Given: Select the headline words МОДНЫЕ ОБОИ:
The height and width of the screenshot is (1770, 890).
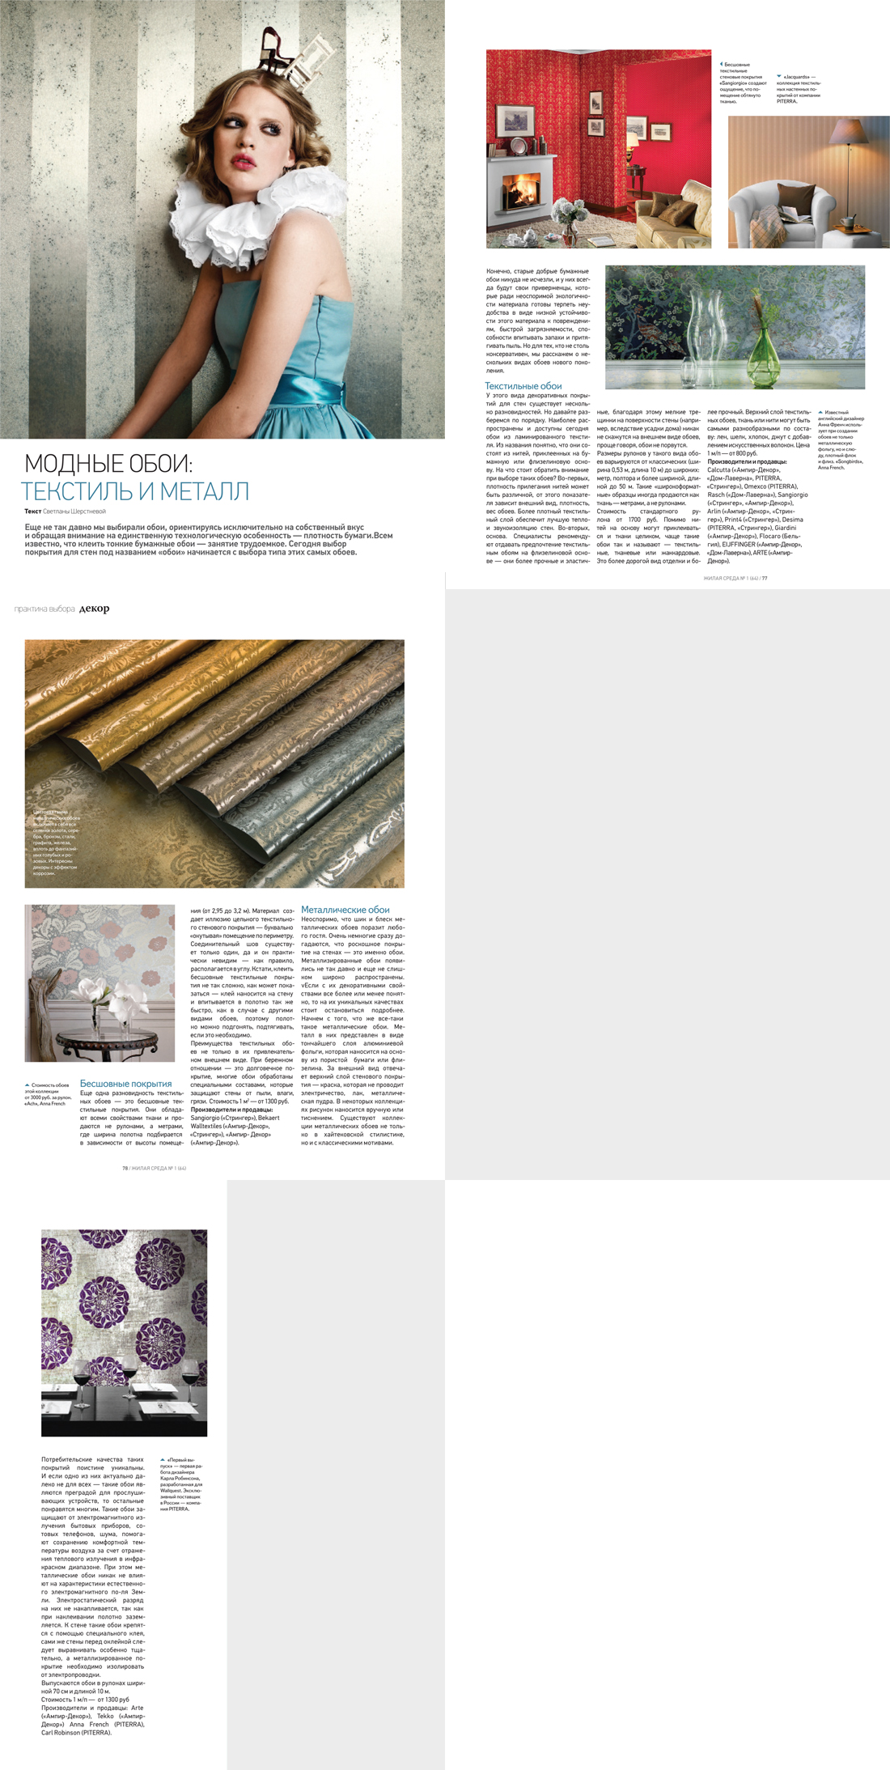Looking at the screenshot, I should (108, 464).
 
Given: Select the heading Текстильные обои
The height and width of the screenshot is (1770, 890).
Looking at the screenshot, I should (523, 386).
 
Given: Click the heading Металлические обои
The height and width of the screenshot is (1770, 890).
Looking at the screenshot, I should (345, 910).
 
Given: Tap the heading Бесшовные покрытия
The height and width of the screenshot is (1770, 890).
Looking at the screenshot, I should (125, 1084).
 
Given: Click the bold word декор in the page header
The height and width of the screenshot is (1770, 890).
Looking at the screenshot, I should (95, 609).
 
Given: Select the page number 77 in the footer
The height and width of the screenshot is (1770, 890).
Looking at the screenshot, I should (764, 578).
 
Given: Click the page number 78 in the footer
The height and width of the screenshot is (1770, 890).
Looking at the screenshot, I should (125, 1168).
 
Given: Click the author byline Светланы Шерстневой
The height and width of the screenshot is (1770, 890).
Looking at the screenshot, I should (74, 511).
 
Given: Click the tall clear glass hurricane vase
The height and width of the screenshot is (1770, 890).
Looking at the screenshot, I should (700, 324).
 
